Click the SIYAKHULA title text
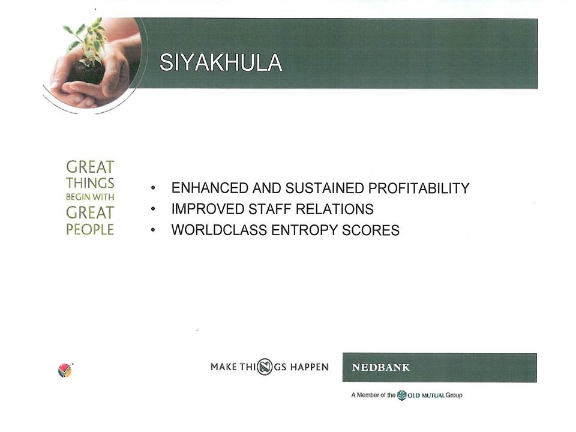coord(221,62)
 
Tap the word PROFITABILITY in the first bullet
coord(419,188)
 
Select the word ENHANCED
coord(210,188)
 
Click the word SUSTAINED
coord(325,188)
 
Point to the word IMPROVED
coord(208,209)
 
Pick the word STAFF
coord(269,209)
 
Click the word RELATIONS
coord(335,209)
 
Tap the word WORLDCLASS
coord(219,230)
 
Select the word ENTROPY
coord(304,230)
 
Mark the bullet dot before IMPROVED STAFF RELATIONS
coord(153,209)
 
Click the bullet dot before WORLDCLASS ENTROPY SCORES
coord(153,230)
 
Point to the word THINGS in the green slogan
coord(90,183)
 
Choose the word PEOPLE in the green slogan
coord(90,229)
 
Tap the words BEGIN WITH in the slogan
coord(90,197)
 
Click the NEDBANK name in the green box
coord(380,367)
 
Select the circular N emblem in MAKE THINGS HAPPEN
coord(265,367)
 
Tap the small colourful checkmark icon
coord(65,370)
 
